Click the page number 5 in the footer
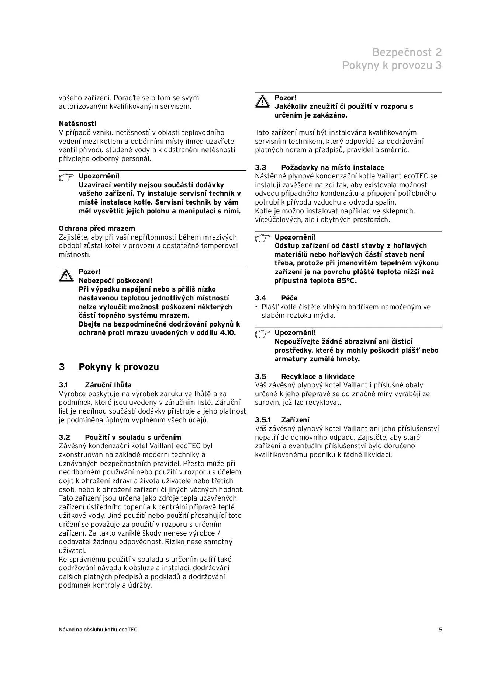click(440, 630)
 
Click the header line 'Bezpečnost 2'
click(407, 52)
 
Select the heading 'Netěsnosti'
click(77, 124)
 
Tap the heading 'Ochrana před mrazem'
click(97, 229)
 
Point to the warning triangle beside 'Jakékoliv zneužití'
click(262, 101)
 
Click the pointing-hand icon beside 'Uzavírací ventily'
click(66, 178)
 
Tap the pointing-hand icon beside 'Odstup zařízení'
click(262, 238)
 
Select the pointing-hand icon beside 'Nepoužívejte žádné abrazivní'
click(262, 334)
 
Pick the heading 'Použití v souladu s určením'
click(133, 438)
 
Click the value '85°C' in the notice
click(348, 281)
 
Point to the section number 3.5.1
click(263, 420)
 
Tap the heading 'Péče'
click(289, 298)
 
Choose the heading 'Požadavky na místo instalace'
click(332, 168)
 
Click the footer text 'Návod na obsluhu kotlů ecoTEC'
click(98, 630)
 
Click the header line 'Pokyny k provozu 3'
click(391, 65)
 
